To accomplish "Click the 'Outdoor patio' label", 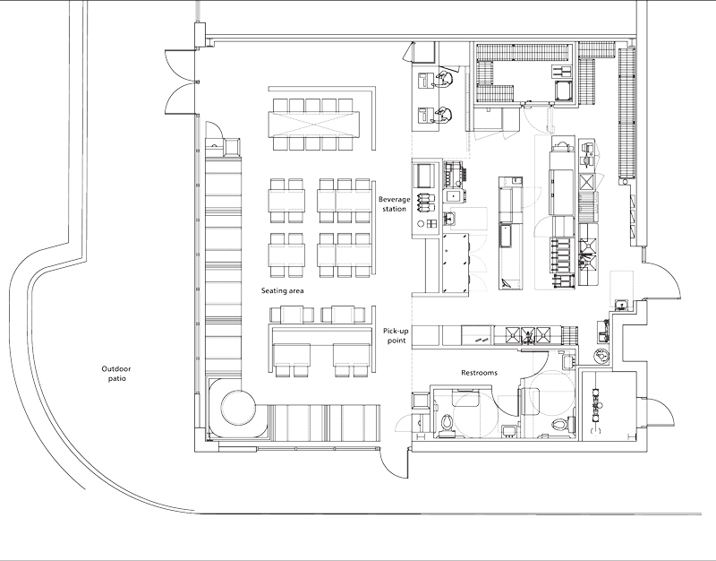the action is click(116, 374).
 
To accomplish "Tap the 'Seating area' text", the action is click(282, 290).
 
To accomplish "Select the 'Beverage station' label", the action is click(395, 204).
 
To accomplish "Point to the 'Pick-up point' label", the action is click(396, 335).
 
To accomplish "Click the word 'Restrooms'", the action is click(479, 373).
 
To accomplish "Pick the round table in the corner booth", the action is click(238, 408).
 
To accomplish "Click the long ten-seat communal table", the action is click(314, 124).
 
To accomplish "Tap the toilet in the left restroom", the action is click(447, 423).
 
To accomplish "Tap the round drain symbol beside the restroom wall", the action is click(601, 355).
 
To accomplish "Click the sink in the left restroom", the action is click(508, 430).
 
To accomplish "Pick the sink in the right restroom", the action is click(568, 361).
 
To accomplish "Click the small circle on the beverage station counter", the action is click(422, 223).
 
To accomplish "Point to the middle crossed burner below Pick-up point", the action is click(528, 335).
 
